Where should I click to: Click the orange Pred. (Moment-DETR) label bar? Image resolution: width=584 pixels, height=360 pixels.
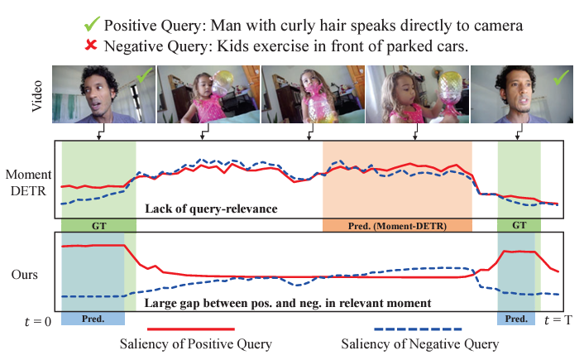pyautogui.click(x=397, y=224)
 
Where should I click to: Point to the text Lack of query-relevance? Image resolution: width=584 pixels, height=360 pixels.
pyautogui.click(x=205, y=209)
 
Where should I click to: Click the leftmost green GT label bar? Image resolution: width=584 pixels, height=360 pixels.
pyautogui.click(x=98, y=224)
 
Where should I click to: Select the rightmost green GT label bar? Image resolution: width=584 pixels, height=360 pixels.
pyautogui.click(x=519, y=224)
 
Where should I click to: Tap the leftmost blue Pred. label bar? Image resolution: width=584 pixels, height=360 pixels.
pyautogui.click(x=93, y=319)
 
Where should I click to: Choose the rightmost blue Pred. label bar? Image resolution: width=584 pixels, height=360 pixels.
pyautogui.click(x=516, y=319)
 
